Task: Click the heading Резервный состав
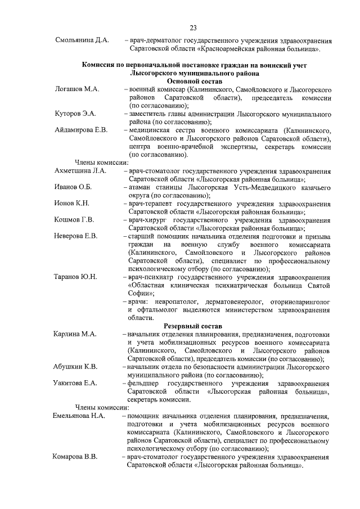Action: [193, 326]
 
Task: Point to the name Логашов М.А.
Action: [77, 89]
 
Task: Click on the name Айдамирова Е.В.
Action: [81, 130]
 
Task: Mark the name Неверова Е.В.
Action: [76, 236]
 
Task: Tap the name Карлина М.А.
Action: [75, 334]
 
